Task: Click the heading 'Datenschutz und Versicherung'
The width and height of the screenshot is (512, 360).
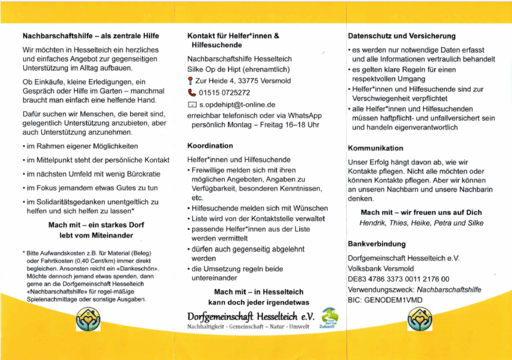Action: tap(401, 36)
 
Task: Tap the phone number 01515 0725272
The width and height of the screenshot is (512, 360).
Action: tap(224, 92)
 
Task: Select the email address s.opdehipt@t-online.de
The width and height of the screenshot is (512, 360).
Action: tap(237, 104)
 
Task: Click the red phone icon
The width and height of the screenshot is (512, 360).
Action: tap(191, 92)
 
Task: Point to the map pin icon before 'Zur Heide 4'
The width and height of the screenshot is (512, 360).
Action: tap(190, 80)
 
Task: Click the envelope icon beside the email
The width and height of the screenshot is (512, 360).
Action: tap(192, 105)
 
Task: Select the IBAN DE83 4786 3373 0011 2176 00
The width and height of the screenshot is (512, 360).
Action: tap(398, 279)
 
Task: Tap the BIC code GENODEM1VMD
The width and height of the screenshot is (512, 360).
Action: tap(393, 300)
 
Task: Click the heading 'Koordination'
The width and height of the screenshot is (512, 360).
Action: tap(210, 146)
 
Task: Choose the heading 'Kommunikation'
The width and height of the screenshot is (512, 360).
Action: tap(375, 148)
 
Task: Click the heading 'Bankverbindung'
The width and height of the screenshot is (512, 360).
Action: tap(376, 244)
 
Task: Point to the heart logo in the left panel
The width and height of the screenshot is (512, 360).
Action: tap(88, 319)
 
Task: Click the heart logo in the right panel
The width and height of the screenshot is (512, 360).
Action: tap(419, 318)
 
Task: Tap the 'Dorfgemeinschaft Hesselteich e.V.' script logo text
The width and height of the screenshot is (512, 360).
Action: tap(250, 316)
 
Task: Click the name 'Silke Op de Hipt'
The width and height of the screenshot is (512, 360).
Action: tap(212, 69)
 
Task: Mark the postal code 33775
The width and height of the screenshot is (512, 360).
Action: tap(249, 80)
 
